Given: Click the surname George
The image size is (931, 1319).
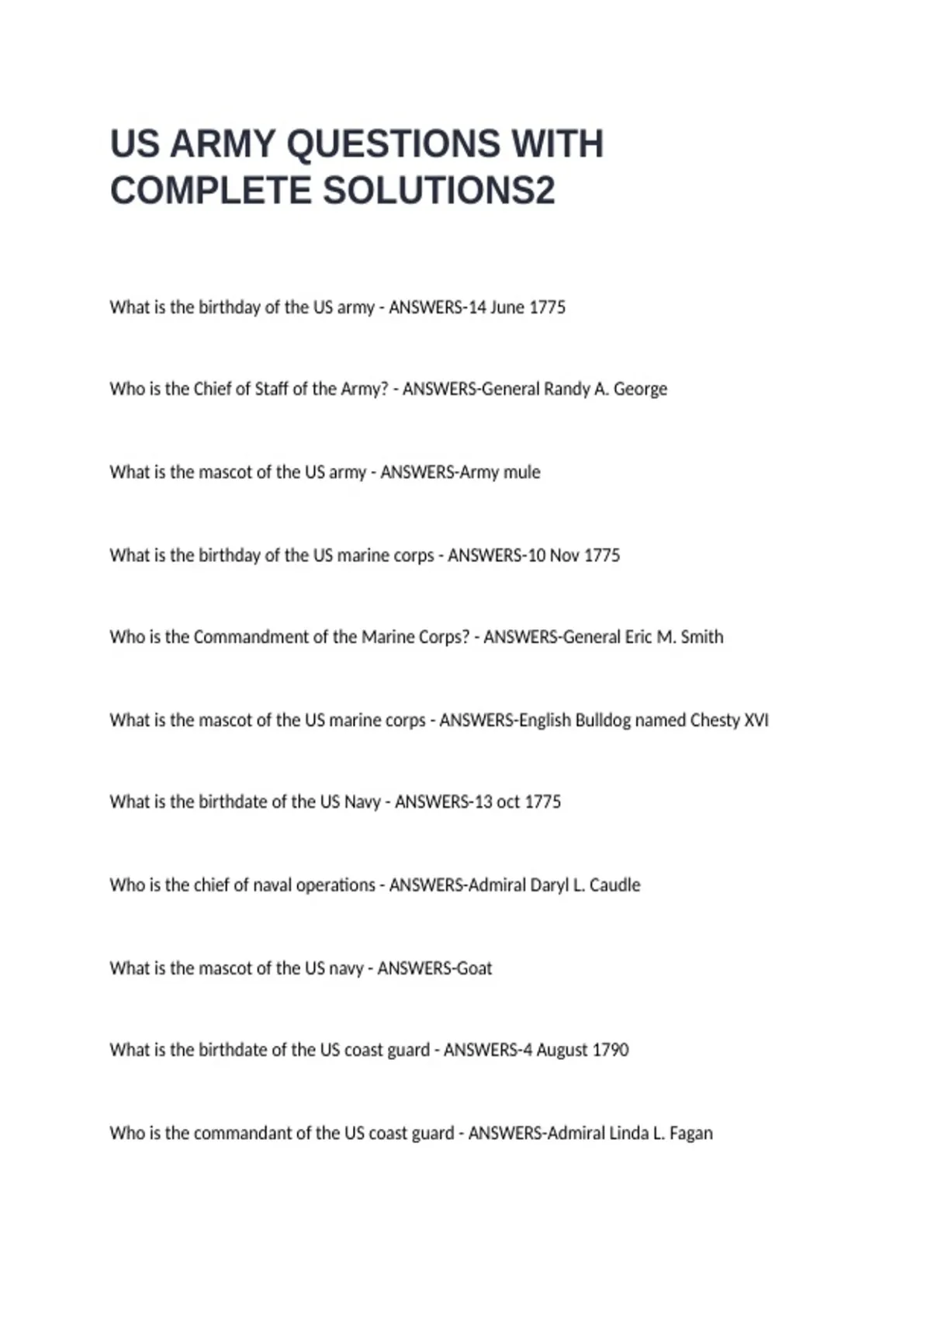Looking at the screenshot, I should [x=640, y=389].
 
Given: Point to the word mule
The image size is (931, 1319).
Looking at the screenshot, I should [x=521, y=472].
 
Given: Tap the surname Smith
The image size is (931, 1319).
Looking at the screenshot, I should [x=701, y=637].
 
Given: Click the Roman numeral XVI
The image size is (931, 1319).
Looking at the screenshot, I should [x=756, y=720].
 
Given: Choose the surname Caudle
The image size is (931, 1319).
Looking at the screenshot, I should [x=614, y=885].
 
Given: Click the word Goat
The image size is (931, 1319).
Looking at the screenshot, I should [x=474, y=968].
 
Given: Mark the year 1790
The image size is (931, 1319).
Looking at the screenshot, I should [x=610, y=1050].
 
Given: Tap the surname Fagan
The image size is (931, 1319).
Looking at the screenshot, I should [x=690, y=1133].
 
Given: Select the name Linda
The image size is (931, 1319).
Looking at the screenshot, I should [x=628, y=1133].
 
